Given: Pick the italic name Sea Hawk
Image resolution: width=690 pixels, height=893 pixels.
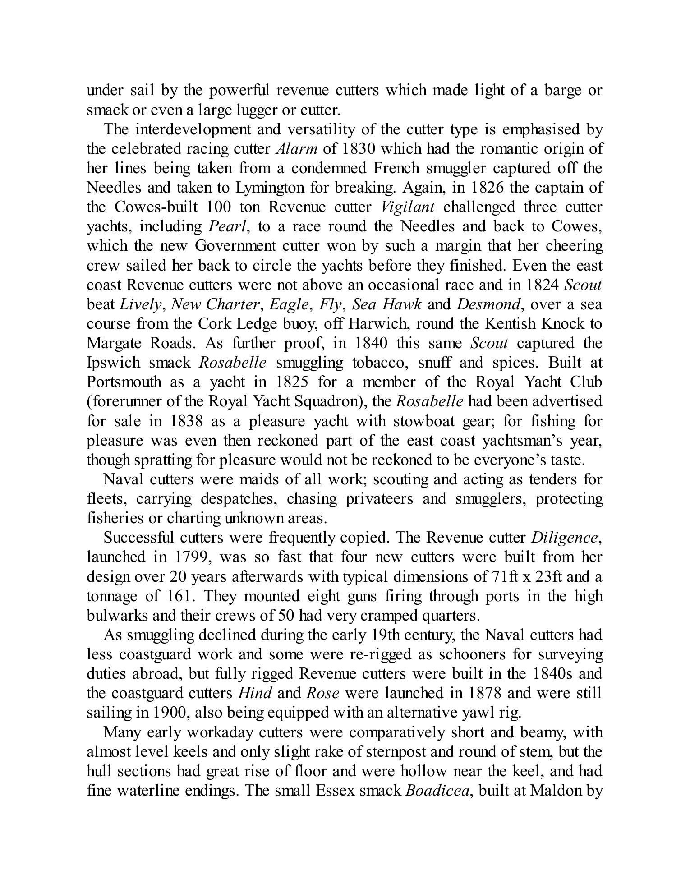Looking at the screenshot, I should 386,304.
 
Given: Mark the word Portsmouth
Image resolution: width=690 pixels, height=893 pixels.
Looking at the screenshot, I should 124,382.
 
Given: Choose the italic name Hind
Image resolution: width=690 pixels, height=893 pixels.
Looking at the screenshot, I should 254,693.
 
